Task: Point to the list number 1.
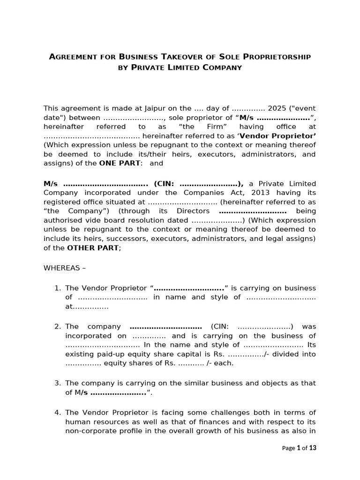tap(58, 288)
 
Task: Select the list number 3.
tap(58, 383)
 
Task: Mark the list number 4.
tap(58, 412)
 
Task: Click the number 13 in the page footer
tap(313, 448)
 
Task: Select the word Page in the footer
tap(288, 448)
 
